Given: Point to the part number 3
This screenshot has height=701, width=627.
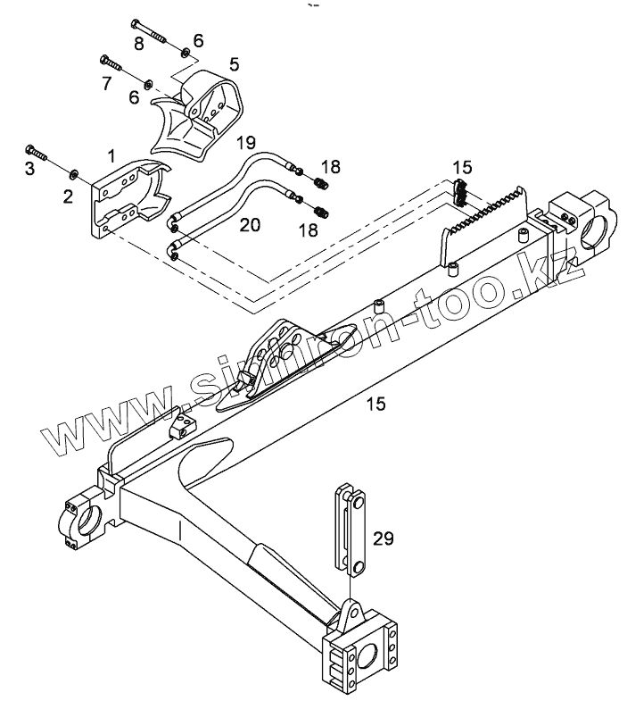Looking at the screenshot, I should pyautogui.click(x=29, y=168).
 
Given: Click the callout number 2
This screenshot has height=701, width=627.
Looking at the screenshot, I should pyautogui.click(x=68, y=196).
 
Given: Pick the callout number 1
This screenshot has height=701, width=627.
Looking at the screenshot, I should pyautogui.click(x=111, y=155).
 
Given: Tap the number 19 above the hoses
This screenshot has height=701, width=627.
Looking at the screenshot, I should pyautogui.click(x=246, y=141).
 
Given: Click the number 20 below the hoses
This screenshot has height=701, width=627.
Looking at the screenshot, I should pyautogui.click(x=250, y=226).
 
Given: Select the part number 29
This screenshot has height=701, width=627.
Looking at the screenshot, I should pyautogui.click(x=384, y=538).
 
